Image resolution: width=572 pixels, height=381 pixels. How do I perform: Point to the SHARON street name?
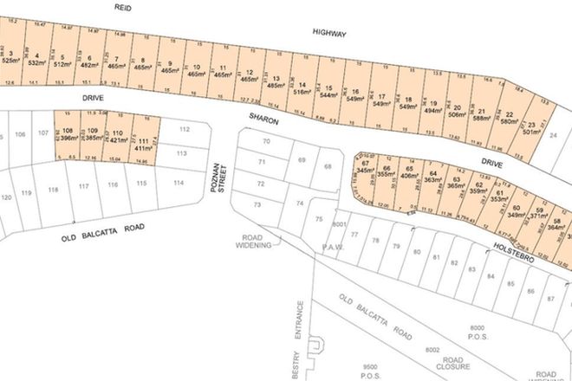coord(263,121)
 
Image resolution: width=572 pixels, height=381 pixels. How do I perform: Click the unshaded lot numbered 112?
coord(183,129)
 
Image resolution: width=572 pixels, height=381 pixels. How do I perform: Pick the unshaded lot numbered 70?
coord(267,141)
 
